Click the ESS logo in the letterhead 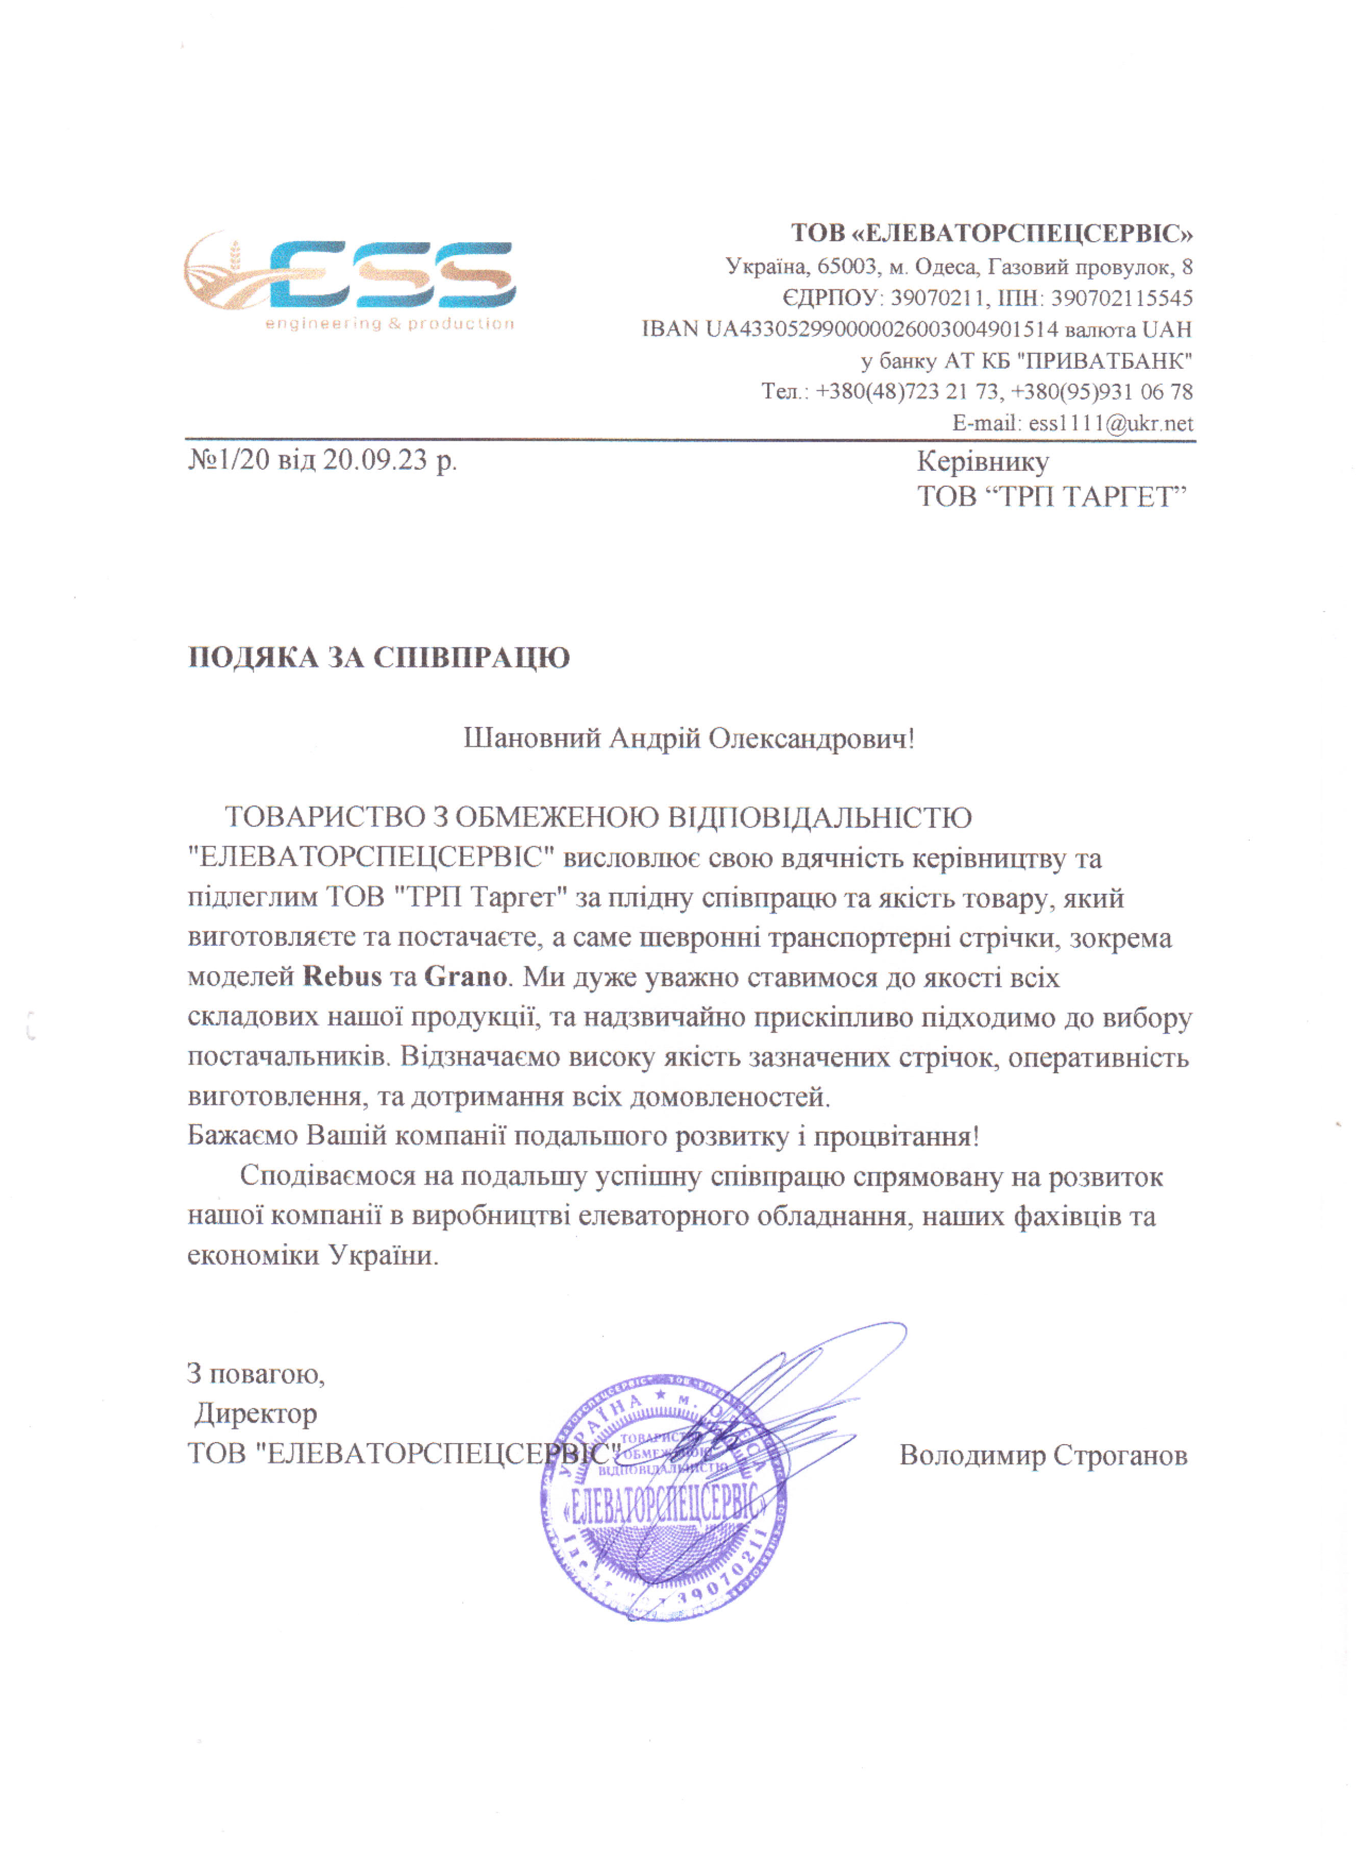pyautogui.click(x=349, y=275)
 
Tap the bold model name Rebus pyautogui.click(x=342, y=977)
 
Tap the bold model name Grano pyautogui.click(x=465, y=977)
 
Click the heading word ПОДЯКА pyautogui.click(x=253, y=658)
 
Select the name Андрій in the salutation pyautogui.click(x=654, y=739)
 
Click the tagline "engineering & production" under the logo pyautogui.click(x=390, y=324)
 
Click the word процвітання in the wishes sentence pyautogui.click(x=896, y=1137)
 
